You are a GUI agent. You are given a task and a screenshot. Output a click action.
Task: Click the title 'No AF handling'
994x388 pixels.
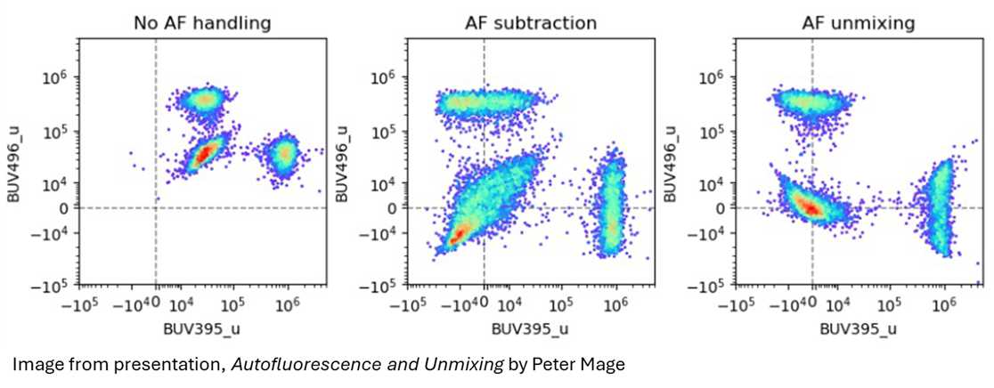tap(202, 24)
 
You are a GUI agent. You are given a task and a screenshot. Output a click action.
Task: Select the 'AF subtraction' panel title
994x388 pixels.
tap(530, 24)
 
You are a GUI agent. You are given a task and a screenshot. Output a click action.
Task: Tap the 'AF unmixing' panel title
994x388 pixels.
tap(859, 24)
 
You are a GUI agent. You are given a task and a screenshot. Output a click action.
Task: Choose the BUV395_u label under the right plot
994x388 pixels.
tap(859, 330)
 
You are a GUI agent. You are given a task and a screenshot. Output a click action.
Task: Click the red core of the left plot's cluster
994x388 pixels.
tap(204, 154)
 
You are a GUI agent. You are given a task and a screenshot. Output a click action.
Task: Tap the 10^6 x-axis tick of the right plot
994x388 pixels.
tap(944, 304)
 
